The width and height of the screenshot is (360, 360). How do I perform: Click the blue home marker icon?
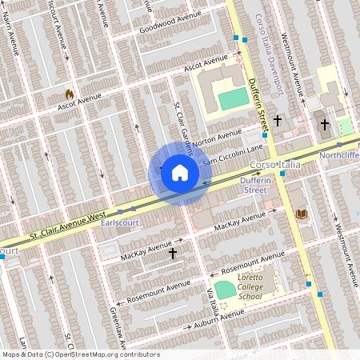tap(179, 173)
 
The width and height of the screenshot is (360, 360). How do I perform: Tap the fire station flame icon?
tap(70, 94)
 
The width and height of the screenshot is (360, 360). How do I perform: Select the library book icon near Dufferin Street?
tap(302, 213)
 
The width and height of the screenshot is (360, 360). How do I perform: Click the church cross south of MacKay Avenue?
tap(173, 253)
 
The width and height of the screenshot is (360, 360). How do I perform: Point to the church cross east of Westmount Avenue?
tap(324, 124)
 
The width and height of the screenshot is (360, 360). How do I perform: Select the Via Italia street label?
tap(214, 300)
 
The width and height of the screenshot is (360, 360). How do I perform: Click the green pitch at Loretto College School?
tap(226, 290)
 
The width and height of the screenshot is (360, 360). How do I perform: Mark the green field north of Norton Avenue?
tap(233, 99)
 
